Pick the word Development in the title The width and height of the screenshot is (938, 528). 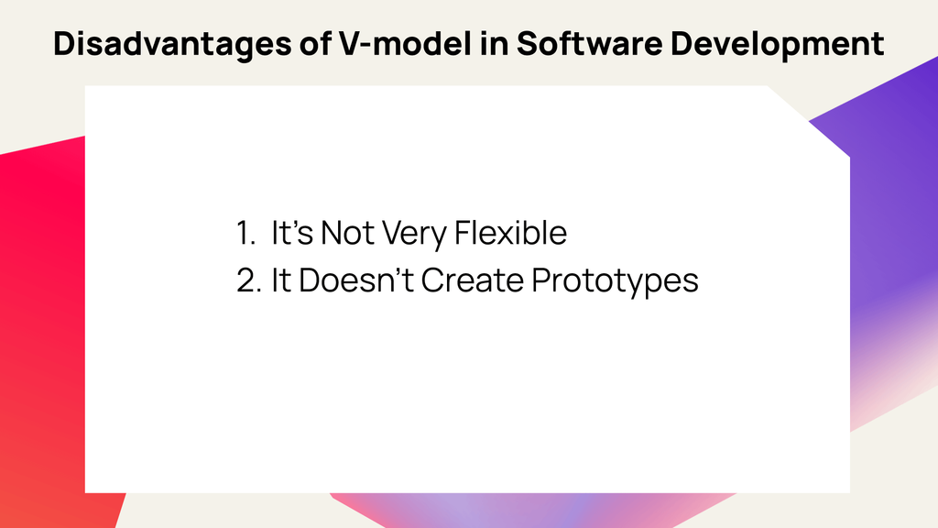coord(781,45)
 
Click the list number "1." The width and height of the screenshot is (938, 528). coord(245,234)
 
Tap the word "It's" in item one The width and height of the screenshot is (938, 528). coord(293,234)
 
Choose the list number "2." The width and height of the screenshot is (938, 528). coord(248,280)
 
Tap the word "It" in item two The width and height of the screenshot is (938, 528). coord(280,280)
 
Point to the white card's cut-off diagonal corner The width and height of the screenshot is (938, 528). coord(808,122)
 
